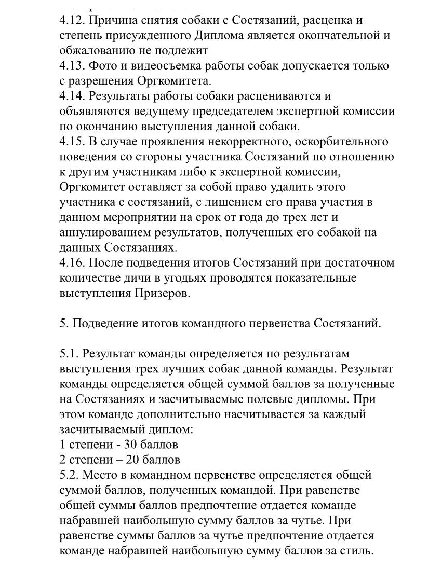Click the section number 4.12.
(72, 21)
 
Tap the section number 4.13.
(72, 66)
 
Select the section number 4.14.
(72, 96)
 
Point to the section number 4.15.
(72, 142)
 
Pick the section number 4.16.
(72, 263)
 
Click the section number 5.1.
(69, 354)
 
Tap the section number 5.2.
(69, 475)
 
